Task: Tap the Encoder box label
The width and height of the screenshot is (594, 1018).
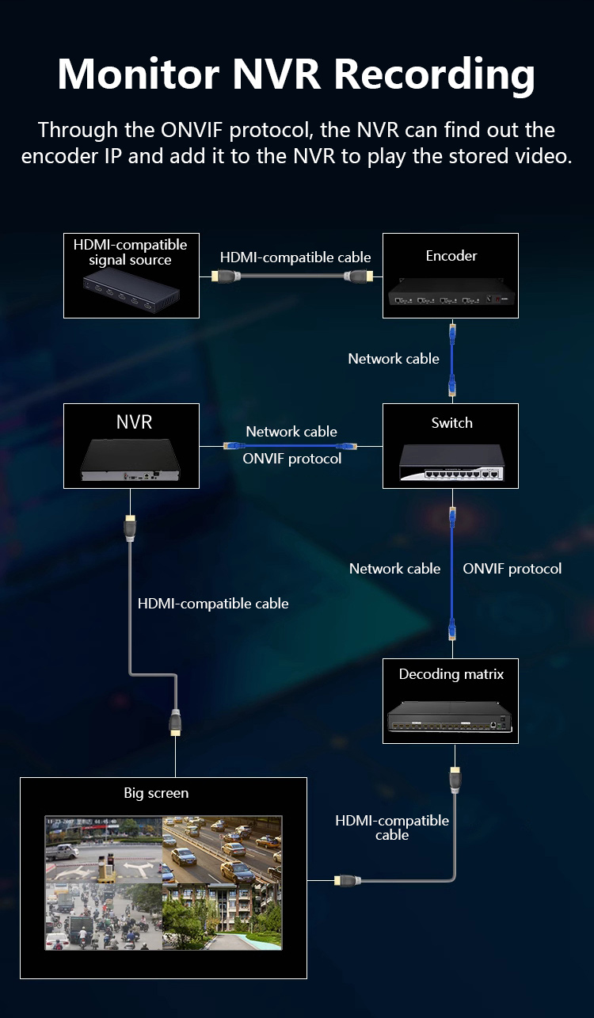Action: pos(451,256)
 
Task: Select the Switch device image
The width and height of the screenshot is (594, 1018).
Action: pos(451,462)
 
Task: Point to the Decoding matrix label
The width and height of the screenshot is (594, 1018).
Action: pos(451,674)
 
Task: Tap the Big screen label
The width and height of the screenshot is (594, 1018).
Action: pos(156,792)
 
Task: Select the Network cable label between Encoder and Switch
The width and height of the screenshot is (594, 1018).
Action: pos(394,359)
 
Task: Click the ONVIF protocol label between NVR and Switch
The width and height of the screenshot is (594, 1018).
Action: pos(292,459)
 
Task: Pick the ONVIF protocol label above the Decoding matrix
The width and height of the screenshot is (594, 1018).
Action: pos(512,569)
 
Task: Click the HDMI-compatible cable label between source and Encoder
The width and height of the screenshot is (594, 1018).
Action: pos(295,257)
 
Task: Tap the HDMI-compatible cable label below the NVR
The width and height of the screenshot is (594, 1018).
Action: pos(213,604)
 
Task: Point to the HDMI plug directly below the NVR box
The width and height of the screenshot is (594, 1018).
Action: pos(131,528)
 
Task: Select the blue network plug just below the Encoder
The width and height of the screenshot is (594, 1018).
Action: pos(452,332)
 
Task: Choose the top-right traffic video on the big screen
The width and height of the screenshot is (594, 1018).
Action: pos(222,849)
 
